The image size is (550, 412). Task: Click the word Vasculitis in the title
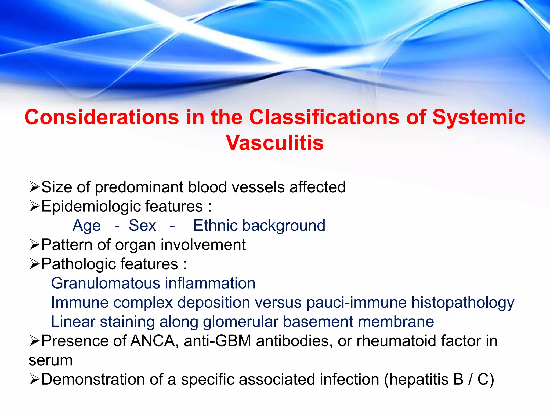pos(274,143)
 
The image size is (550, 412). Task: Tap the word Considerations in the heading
pos(102,117)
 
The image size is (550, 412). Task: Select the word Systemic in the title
pos(479,117)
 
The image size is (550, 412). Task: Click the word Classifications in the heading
pos(324,117)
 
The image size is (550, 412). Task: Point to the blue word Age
pos(86,226)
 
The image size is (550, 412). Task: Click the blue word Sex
pos(142,226)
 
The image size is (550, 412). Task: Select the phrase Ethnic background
pos(259,226)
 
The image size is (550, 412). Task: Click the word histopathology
pos(463,303)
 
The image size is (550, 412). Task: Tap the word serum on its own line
pos(50,360)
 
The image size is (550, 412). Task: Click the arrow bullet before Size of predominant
pos(35,187)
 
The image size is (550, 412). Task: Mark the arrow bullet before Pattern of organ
pos(35,245)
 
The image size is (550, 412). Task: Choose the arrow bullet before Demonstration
pos(35,380)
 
